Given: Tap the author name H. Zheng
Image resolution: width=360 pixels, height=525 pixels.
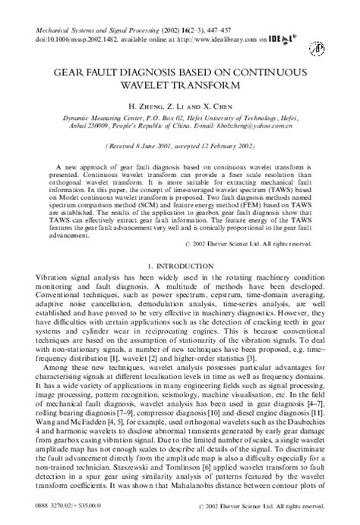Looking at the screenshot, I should click(x=146, y=105).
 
